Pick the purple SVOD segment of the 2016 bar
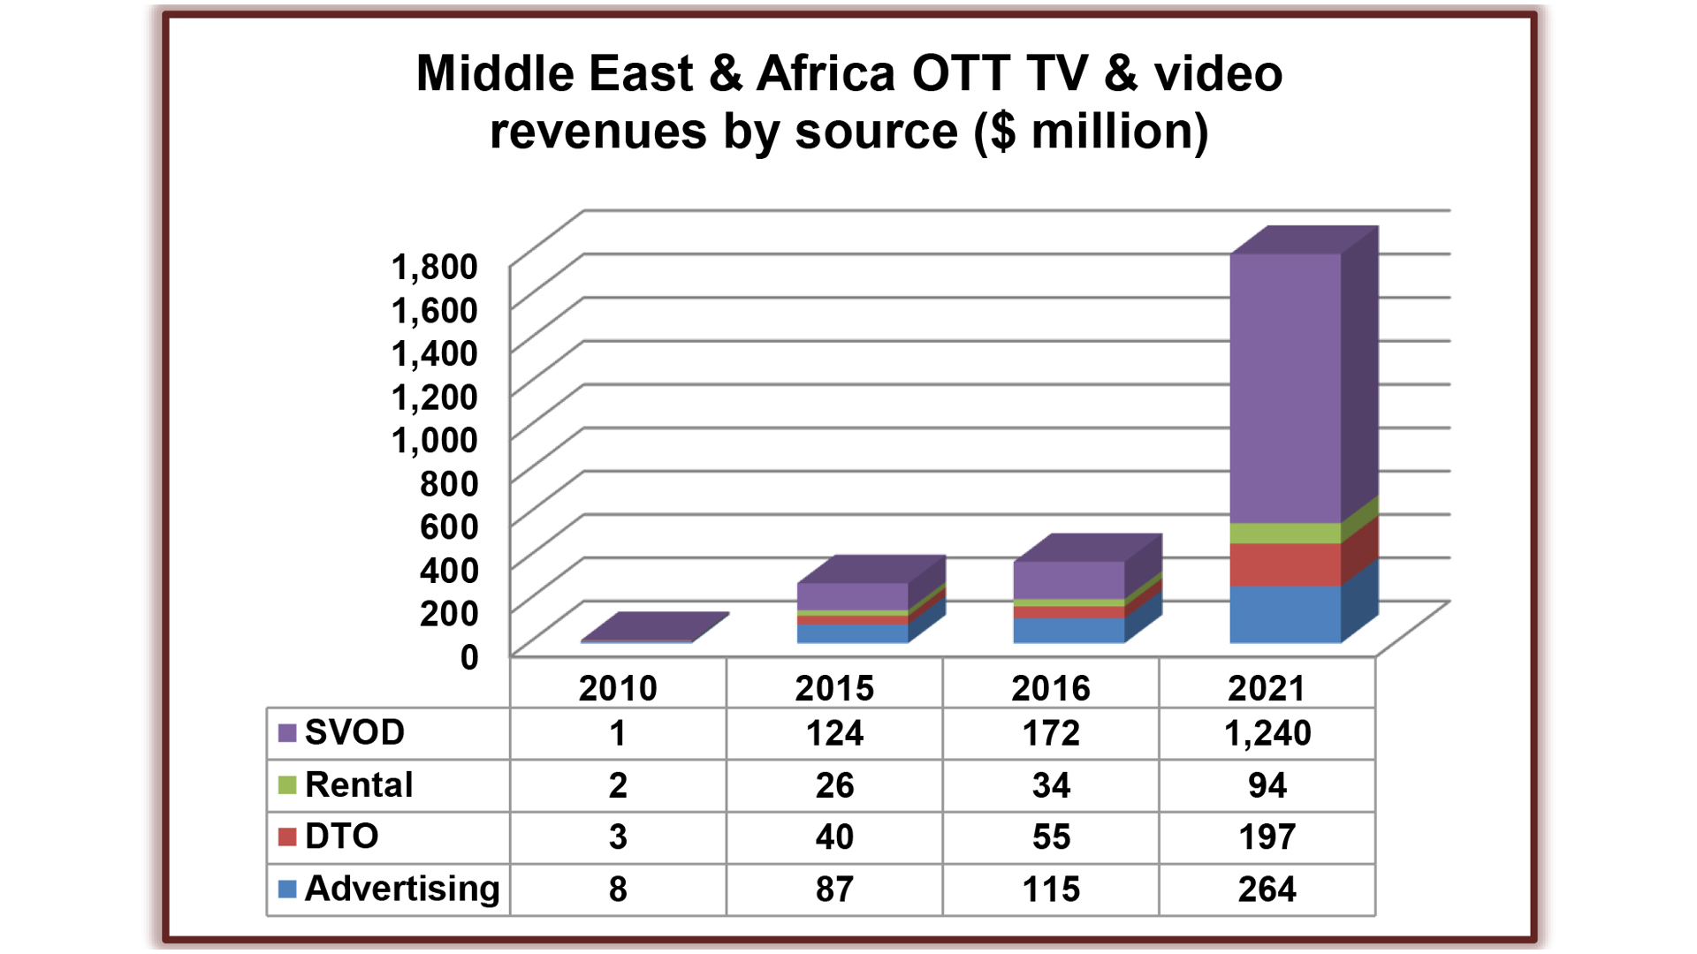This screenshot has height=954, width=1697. coord(1069,579)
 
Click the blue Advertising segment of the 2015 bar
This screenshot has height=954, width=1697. coord(852,633)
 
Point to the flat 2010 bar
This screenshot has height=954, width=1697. coord(654,626)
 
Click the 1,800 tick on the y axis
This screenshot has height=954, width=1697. coord(434,267)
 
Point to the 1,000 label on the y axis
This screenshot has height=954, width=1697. coord(434,440)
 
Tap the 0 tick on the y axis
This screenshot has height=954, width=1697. coord(468,657)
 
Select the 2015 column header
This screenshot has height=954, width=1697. coord(833,688)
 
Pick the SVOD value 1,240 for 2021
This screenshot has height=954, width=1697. coord(1267,733)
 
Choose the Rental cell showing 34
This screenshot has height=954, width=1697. coord(1051,785)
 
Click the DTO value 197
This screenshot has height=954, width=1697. coord(1267,837)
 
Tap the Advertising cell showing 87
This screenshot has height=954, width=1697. coord(833,889)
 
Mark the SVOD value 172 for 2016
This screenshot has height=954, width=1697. coord(1051,733)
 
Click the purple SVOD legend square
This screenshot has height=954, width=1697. coord(287,733)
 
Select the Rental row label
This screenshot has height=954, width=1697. coord(358,785)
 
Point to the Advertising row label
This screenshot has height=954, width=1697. coord(401,889)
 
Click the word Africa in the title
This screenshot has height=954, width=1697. coord(826,73)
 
